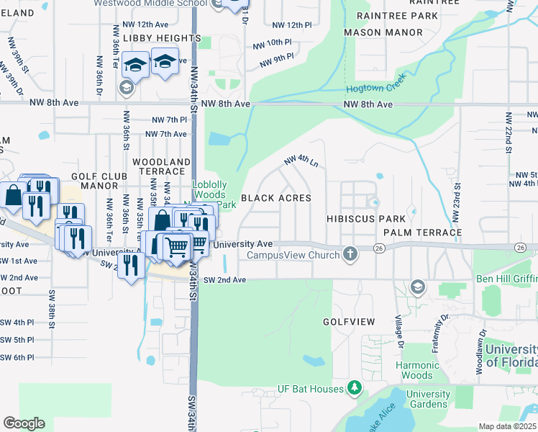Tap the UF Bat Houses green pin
tap(354, 389)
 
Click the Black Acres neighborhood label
tap(276, 198)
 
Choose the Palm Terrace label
tap(422, 233)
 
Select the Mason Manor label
tap(383, 32)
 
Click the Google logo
tap(24, 423)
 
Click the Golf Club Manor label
tap(99, 181)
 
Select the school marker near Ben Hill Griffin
tap(417, 288)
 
